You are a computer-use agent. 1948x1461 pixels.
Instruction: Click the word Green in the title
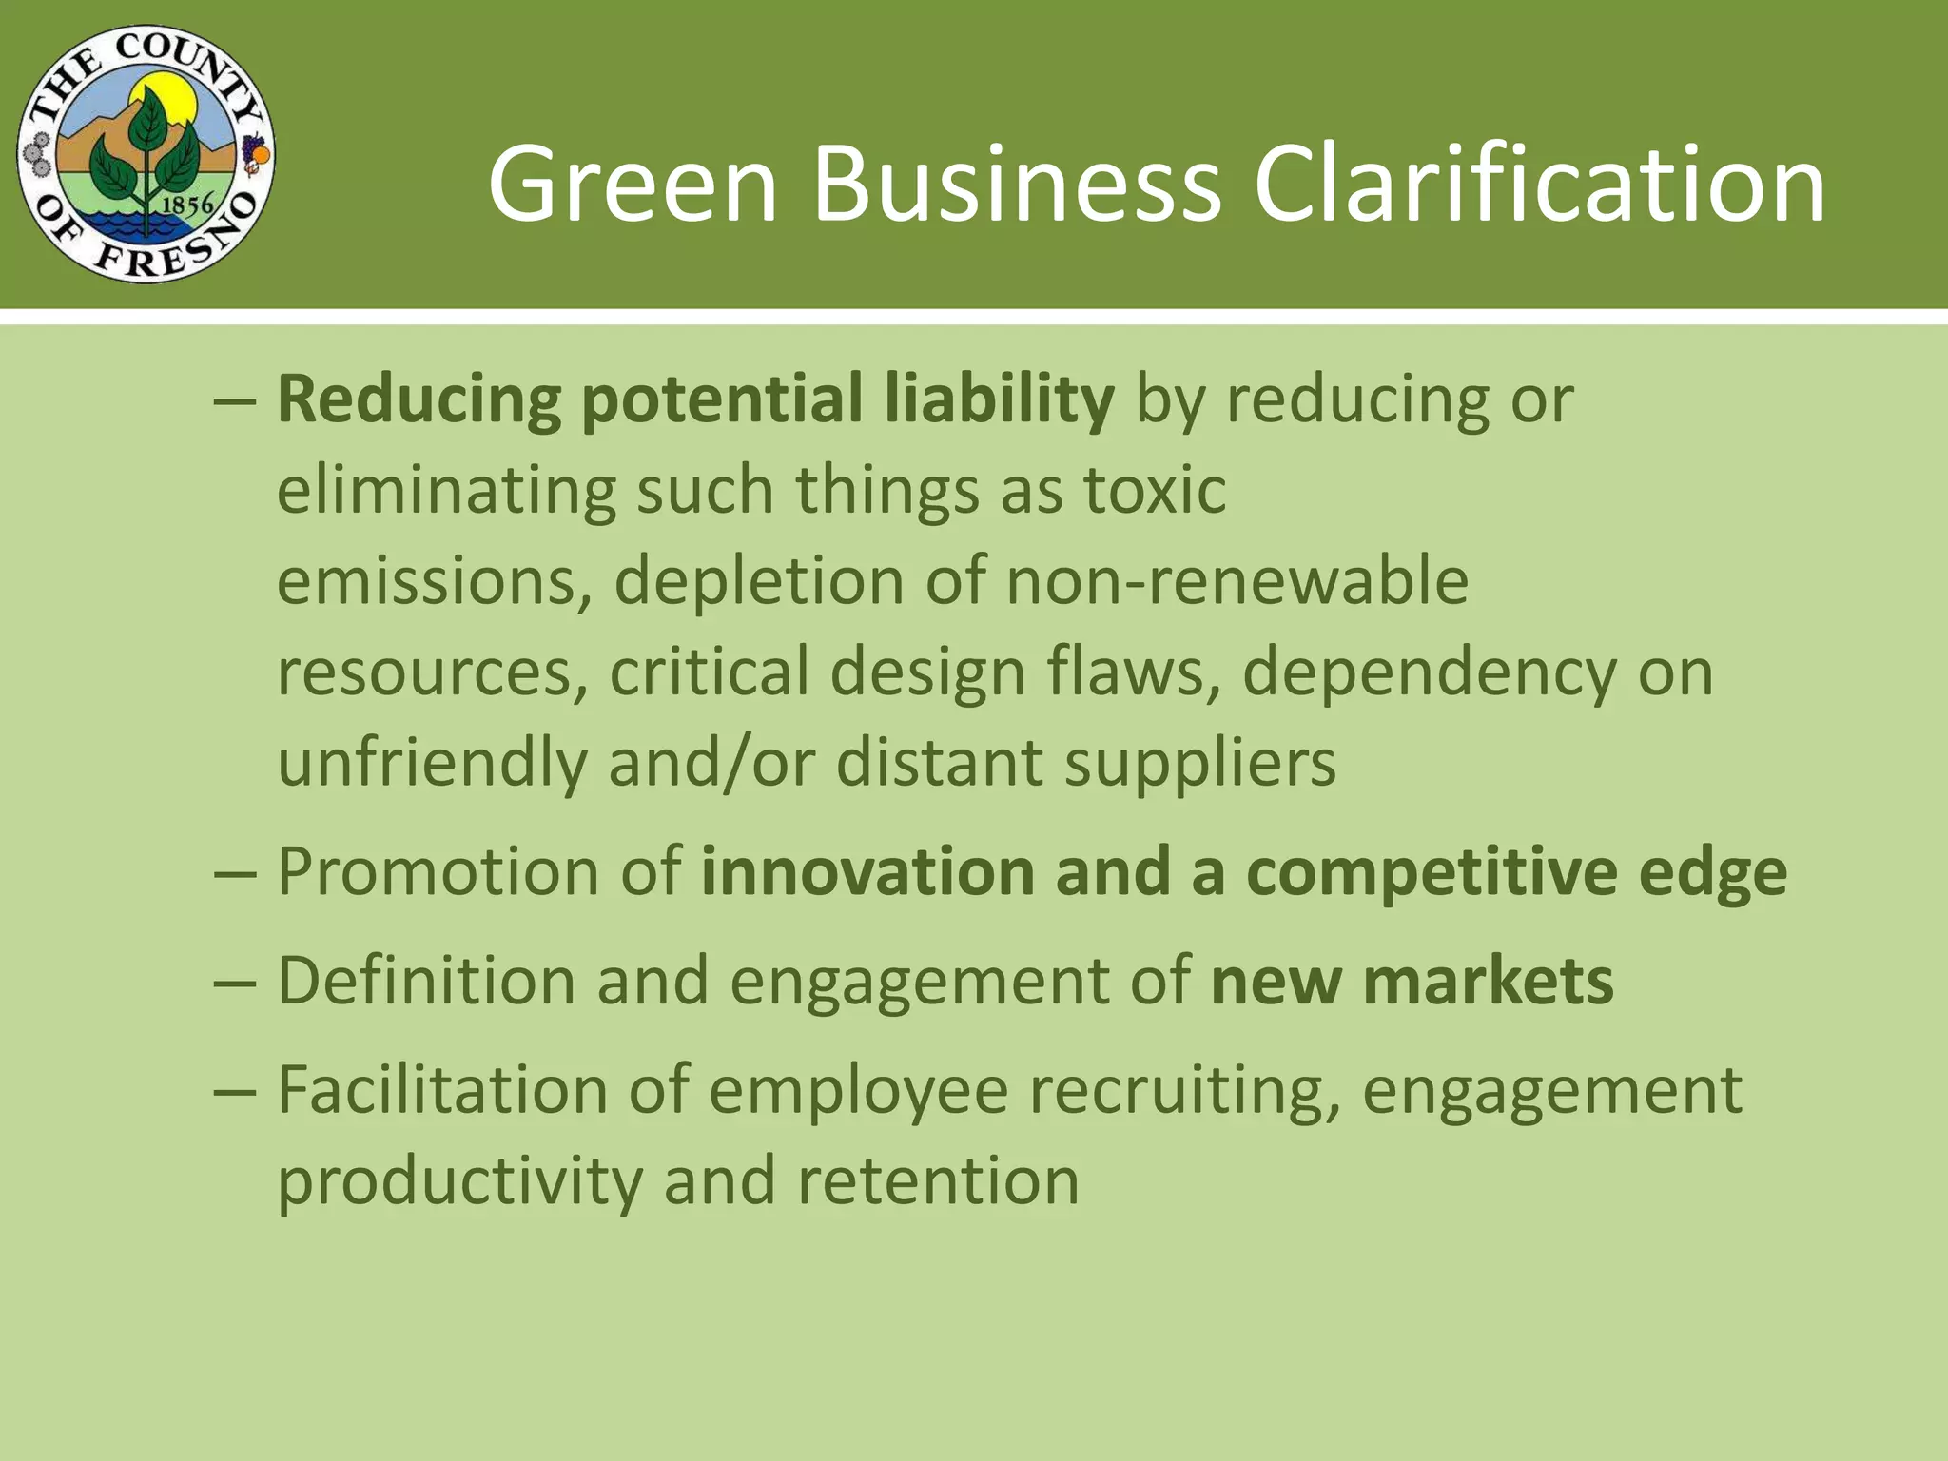(633, 184)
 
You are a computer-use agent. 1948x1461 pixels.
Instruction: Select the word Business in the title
(1016, 184)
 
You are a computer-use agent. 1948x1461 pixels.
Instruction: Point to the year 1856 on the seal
(186, 205)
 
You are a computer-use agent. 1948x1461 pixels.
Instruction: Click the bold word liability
(999, 399)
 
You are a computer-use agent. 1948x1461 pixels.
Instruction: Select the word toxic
(1155, 490)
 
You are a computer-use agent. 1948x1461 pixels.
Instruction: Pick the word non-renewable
(1237, 581)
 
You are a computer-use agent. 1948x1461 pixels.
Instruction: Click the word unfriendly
(432, 764)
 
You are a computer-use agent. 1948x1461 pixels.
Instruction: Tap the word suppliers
(1200, 764)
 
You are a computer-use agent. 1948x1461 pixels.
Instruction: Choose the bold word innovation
(867, 871)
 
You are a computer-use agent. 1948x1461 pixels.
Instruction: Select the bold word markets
(1488, 981)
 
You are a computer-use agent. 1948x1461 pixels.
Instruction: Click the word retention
(938, 1181)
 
